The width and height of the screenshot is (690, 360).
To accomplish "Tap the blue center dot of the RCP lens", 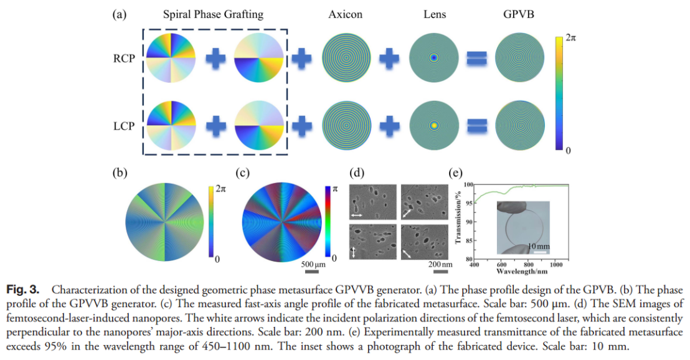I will pyautogui.click(x=433, y=57).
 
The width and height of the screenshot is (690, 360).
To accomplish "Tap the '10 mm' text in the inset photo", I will pyautogui.click(x=539, y=247).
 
